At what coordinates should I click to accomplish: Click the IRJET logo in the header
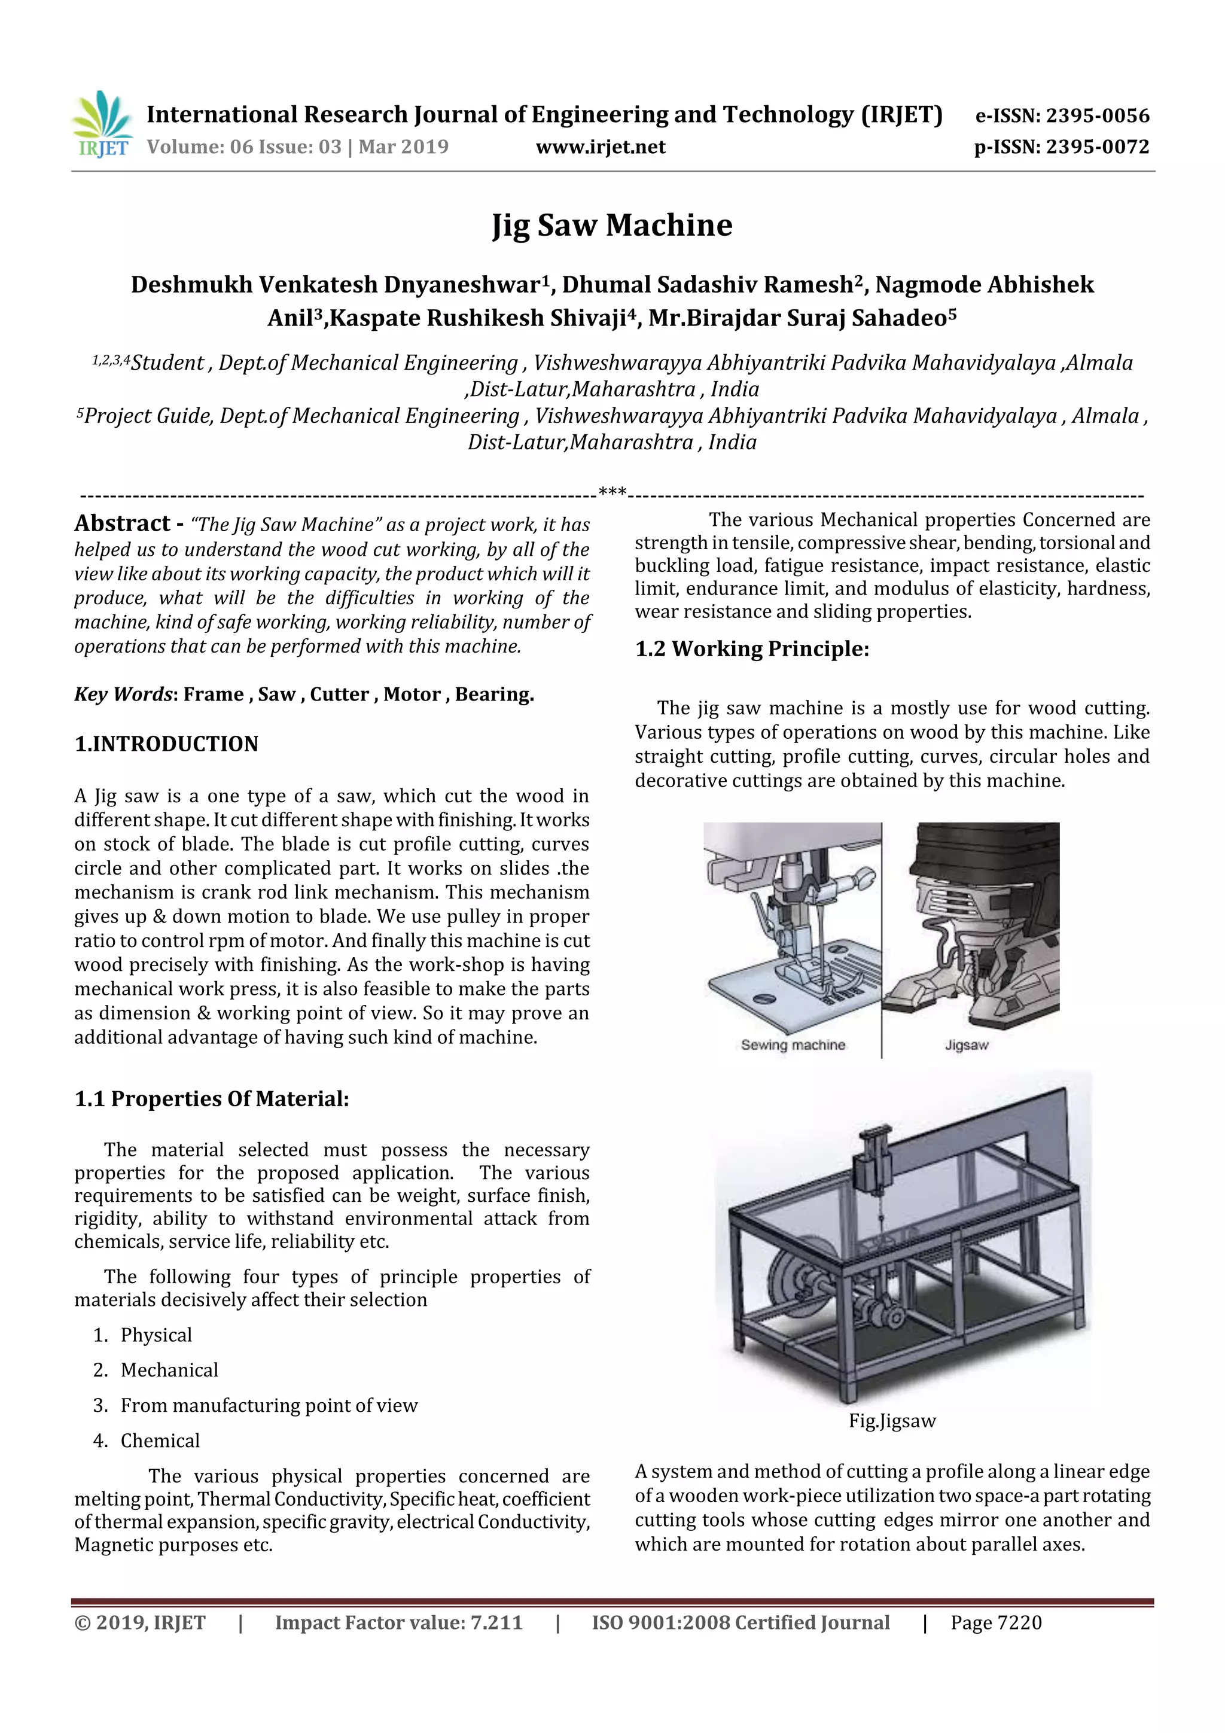[x=102, y=124]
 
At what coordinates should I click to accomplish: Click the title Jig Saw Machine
[x=611, y=225]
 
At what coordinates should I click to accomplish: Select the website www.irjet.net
[x=600, y=147]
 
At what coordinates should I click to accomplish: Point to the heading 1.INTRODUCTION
[x=166, y=744]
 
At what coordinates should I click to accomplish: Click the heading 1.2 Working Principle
[x=752, y=649]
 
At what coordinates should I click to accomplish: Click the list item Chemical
[x=160, y=1440]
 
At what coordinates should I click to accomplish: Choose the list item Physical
[x=156, y=1335]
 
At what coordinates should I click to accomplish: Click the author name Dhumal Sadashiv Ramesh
[x=707, y=285]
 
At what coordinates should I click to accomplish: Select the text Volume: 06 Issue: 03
[x=244, y=147]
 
